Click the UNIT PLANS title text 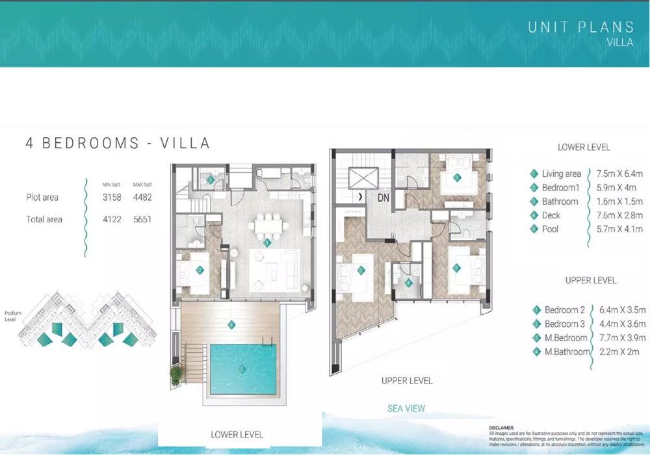click(x=580, y=27)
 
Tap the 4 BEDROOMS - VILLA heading click(x=118, y=144)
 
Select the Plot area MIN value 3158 click(x=111, y=197)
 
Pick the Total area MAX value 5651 click(x=142, y=220)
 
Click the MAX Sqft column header click(x=142, y=185)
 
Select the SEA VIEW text click(x=406, y=409)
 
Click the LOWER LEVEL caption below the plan click(x=237, y=434)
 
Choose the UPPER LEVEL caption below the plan click(x=407, y=380)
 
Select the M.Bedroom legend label click(x=565, y=338)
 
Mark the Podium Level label click(x=13, y=316)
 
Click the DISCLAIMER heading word click(x=501, y=428)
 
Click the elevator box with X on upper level click(x=363, y=177)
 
